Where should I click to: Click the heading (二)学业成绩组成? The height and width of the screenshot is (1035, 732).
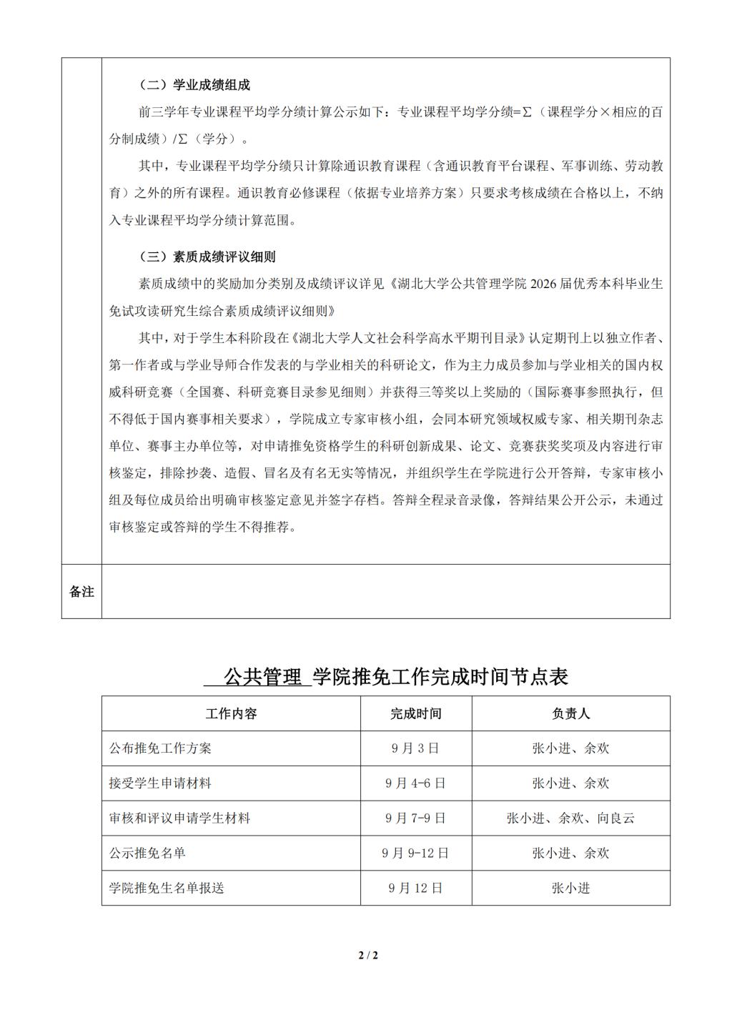194,85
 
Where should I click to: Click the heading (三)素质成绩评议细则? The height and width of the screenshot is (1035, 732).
207,257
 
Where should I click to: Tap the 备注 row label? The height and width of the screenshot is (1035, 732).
81,591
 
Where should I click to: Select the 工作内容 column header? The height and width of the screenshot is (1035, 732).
231,713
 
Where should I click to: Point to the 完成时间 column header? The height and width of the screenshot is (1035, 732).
416,713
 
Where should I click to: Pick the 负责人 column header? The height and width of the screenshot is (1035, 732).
570,713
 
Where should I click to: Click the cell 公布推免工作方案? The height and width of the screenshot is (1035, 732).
160,748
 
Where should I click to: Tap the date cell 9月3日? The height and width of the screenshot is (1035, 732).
415,748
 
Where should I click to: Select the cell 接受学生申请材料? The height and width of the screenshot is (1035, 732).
160,783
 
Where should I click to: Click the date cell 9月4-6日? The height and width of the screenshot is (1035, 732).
415,783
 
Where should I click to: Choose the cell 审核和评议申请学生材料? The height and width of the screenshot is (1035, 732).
179,818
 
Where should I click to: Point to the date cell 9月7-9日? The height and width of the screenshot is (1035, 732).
415,818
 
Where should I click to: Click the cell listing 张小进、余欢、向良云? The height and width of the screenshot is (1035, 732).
570,818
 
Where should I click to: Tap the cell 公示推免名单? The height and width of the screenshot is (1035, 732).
147,853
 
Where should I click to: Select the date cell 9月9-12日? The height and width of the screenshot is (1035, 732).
415,853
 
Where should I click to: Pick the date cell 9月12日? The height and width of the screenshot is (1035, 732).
415,888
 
